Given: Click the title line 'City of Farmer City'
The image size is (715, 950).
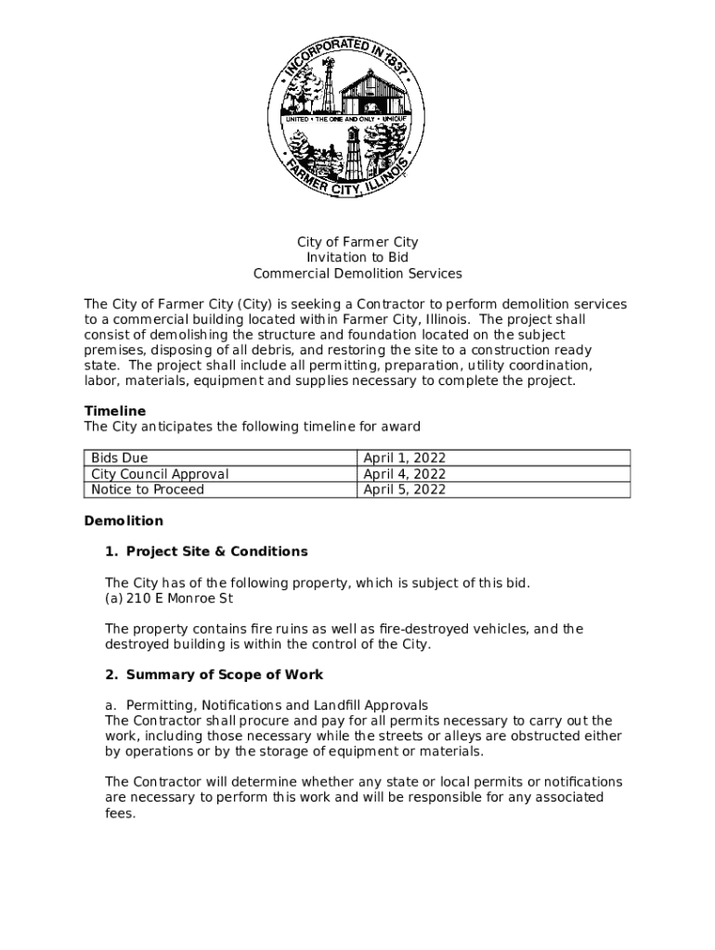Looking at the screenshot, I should tap(357, 242).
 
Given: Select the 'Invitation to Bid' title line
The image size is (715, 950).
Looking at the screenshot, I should tap(357, 258).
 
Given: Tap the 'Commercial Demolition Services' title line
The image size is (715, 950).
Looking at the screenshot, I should tap(357, 274).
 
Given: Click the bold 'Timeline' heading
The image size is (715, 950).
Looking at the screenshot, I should tap(115, 411).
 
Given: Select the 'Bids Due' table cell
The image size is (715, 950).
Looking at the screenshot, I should tap(120, 458).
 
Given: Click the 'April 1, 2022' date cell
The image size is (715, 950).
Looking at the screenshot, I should tap(404, 458).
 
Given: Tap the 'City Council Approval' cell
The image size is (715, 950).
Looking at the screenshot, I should tap(160, 474).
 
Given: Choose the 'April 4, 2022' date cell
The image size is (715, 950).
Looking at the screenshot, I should tap(404, 474).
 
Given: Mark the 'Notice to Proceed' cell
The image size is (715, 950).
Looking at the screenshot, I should tap(148, 490).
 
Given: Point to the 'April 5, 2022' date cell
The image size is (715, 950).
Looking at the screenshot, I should tap(404, 490).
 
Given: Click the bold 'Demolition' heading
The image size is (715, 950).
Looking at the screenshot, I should tap(123, 521).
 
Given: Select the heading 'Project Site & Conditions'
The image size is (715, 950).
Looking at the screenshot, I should tap(216, 552).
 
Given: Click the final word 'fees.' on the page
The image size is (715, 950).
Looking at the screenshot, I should tap(121, 813).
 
